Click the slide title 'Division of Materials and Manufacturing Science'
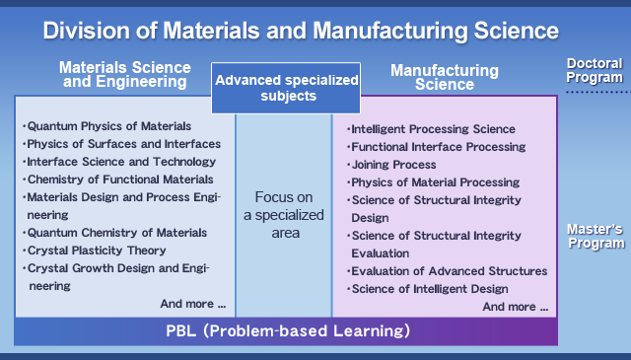301,31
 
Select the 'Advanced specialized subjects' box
286,88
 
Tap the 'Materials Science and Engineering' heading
125,75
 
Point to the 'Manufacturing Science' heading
445,77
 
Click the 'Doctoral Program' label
595,70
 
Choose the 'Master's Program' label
596,236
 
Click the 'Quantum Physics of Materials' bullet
107,126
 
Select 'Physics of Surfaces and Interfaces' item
121,144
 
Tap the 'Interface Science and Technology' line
119,162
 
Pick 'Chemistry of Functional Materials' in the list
118,180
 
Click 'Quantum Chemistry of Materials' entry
115,233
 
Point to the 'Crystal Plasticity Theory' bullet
95,251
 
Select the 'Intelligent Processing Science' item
432,129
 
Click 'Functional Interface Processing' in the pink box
436,147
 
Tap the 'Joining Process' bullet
391,165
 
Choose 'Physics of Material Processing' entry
434,182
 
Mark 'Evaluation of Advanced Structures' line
447,271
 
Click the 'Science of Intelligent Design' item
428,289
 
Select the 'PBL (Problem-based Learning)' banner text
288,331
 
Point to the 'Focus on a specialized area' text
284,215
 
